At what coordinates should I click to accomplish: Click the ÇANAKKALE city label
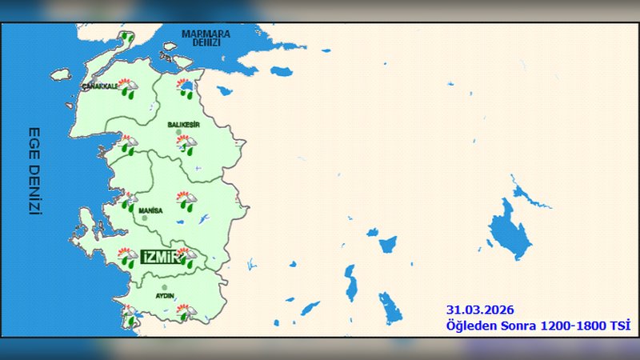(100, 85)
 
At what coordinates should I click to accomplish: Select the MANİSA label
(150, 210)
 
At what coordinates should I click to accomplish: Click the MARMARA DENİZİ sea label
(206, 38)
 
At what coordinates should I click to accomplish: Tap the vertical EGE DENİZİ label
(34, 170)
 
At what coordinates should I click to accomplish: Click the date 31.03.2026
(479, 310)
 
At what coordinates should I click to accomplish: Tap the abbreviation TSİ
(619, 325)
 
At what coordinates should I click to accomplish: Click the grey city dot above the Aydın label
(164, 287)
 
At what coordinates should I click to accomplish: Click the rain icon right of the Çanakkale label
(127, 87)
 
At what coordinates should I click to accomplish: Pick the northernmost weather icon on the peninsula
(126, 37)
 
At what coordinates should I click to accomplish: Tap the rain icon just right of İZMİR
(186, 257)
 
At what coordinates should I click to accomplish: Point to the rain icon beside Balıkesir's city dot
(190, 145)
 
